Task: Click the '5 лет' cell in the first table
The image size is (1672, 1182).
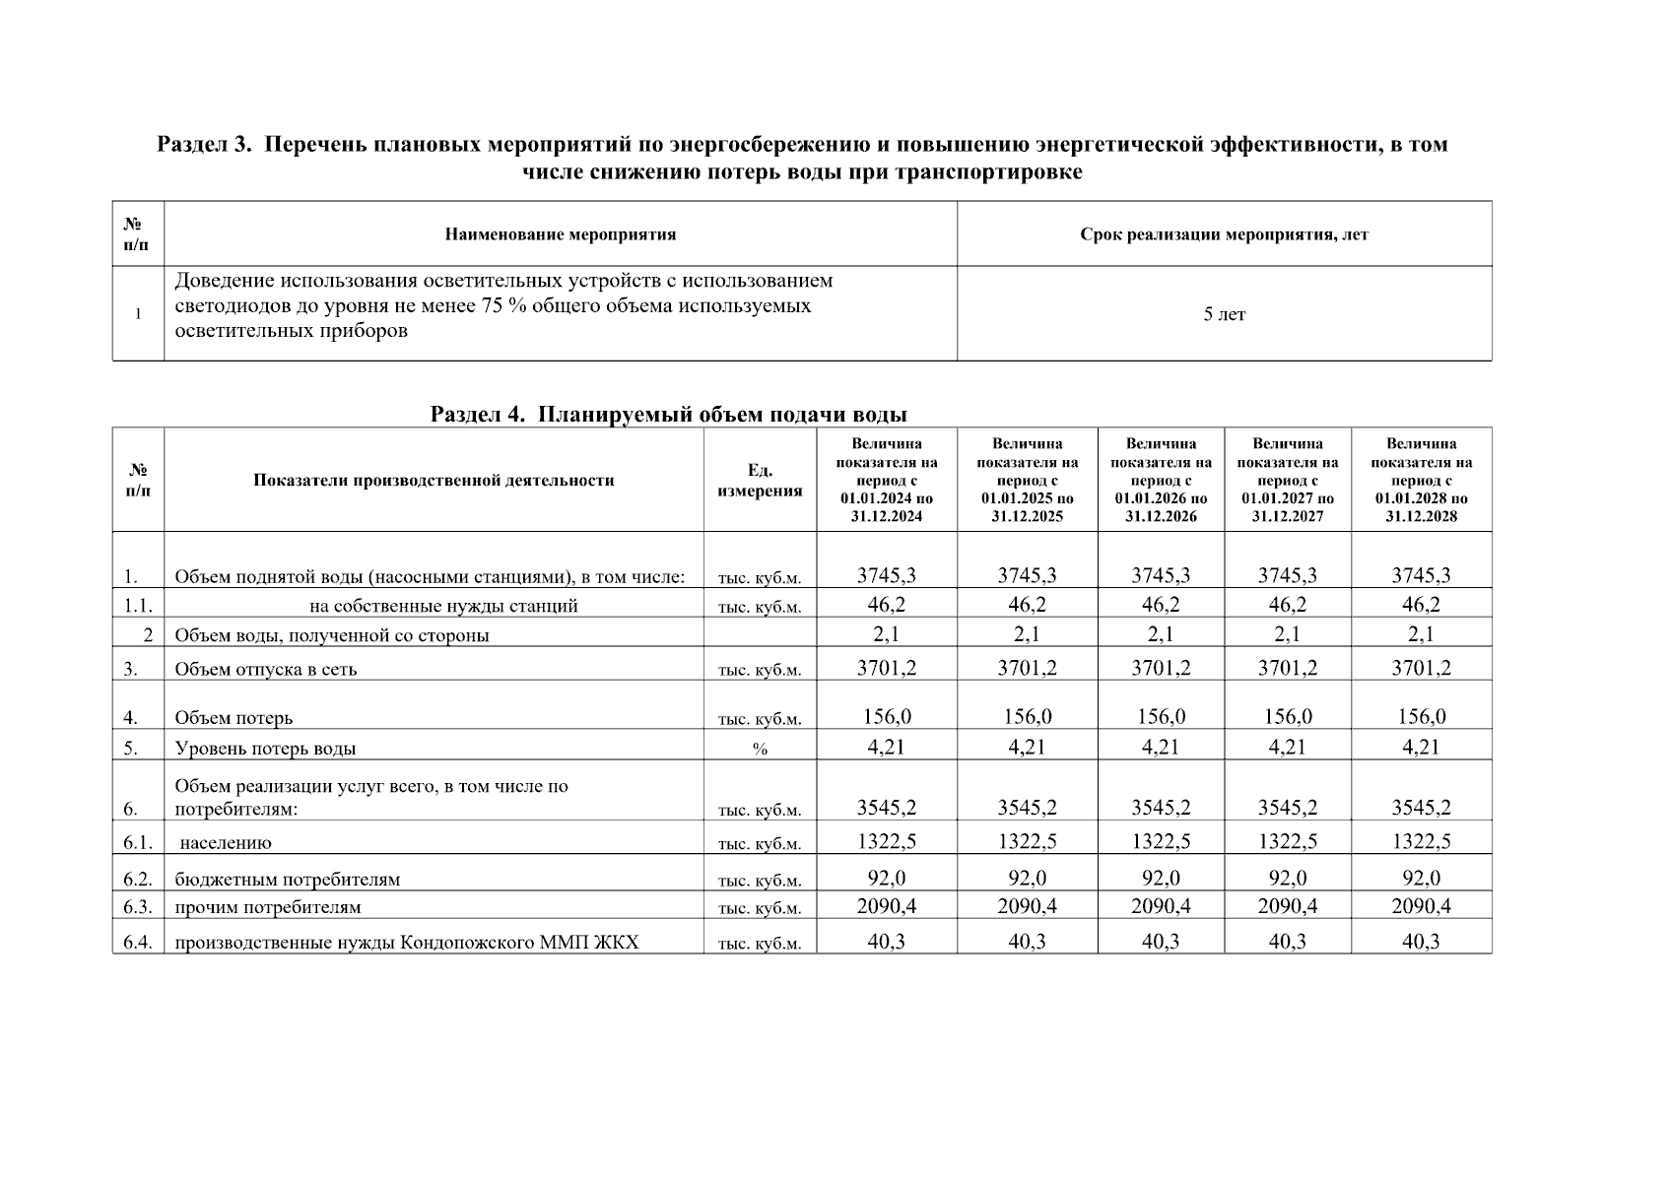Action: pyautogui.click(x=1224, y=314)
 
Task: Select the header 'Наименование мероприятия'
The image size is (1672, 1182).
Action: pyautogui.click(x=560, y=234)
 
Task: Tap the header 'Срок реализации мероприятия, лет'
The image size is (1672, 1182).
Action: pyautogui.click(x=1224, y=234)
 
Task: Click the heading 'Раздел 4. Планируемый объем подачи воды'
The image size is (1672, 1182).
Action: pyautogui.click(x=668, y=414)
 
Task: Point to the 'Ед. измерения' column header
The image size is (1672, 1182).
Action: pyautogui.click(x=760, y=481)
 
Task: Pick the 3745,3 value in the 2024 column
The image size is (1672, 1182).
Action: pyautogui.click(x=886, y=575)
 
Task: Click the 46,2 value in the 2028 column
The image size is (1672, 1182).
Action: pyautogui.click(x=1421, y=604)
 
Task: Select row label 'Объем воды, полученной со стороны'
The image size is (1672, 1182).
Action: pyautogui.click(x=331, y=635)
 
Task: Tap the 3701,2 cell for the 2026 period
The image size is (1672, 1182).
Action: pyautogui.click(x=1161, y=668)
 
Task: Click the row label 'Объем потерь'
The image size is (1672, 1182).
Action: pyautogui.click(x=234, y=718)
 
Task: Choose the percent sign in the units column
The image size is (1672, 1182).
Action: pyautogui.click(x=760, y=750)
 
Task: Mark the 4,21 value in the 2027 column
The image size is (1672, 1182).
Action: pyautogui.click(x=1287, y=747)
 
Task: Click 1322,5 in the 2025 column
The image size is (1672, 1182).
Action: pyautogui.click(x=1027, y=841)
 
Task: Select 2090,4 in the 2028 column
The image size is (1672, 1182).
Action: pyautogui.click(x=1421, y=905)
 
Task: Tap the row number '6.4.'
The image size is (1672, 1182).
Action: pyautogui.click(x=137, y=943)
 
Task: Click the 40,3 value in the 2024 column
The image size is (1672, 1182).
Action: pyautogui.click(x=886, y=942)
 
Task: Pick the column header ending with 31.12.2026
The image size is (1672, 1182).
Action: pyautogui.click(x=1161, y=481)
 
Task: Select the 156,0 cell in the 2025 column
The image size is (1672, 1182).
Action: pyautogui.click(x=1027, y=716)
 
